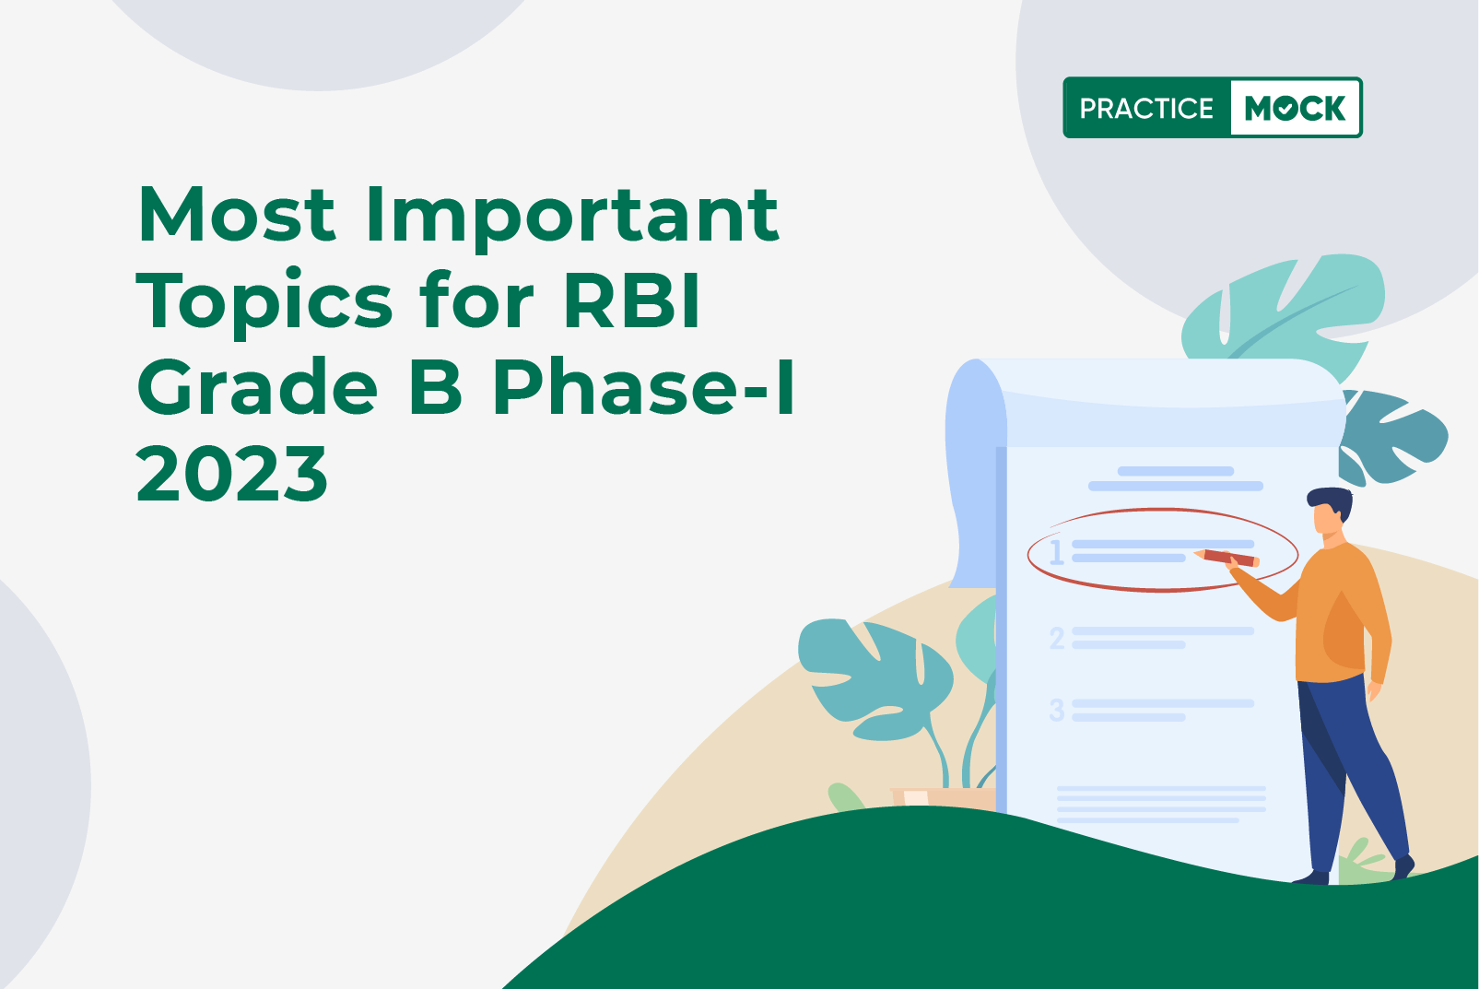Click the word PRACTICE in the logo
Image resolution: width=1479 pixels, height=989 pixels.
click(1146, 108)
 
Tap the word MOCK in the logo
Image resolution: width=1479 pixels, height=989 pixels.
click(1295, 108)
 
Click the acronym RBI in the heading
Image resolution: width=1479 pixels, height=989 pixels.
click(631, 300)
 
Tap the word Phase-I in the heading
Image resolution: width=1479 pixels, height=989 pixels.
click(643, 386)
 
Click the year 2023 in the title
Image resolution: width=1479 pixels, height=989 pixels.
click(231, 473)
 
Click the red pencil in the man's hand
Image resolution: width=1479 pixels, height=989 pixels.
click(1227, 558)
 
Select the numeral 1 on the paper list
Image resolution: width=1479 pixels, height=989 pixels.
click(1057, 552)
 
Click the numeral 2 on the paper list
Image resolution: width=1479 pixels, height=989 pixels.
click(1057, 639)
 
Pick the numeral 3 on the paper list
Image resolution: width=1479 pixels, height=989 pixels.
click(1057, 711)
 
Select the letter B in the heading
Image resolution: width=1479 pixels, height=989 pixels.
click(436, 386)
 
